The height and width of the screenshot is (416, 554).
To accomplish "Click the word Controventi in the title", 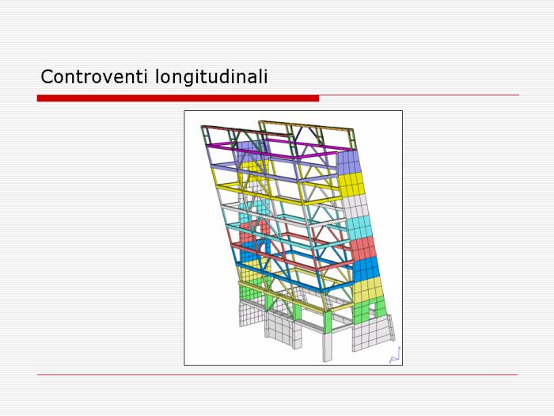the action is pos(94,76).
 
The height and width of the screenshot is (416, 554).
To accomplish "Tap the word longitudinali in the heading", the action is pos(211,77).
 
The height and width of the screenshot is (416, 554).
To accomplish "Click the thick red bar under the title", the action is pos(178,98).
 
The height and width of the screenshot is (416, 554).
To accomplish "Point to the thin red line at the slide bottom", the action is pos(277,374).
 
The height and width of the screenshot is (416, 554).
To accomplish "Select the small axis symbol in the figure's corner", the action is pos(395,356).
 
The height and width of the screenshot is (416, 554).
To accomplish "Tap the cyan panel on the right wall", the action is pos(359,227).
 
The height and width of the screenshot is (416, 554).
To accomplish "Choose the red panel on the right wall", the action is pos(362,248).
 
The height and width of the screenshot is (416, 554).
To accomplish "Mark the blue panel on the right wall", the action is pos(366,269).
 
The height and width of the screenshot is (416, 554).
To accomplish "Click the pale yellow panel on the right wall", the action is pos(369,290).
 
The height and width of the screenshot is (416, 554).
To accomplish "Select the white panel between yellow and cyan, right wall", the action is pos(355,206).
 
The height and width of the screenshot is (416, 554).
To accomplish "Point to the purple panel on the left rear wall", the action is pos(249,151).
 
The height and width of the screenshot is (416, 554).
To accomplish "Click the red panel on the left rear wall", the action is pos(247,232).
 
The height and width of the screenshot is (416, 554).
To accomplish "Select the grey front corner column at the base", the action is pos(328,347).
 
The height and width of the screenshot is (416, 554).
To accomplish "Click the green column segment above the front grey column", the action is pos(328,322).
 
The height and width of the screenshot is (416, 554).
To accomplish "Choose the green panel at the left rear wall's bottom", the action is pos(250,291).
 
